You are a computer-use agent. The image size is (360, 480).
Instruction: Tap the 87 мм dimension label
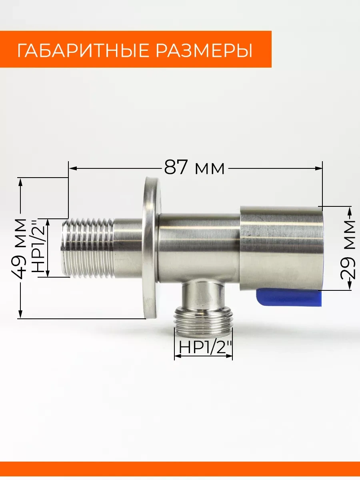coord(194,168)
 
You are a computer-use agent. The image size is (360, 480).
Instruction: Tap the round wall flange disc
coord(152,248)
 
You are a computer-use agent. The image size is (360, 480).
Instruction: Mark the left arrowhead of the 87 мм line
coord(72,168)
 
